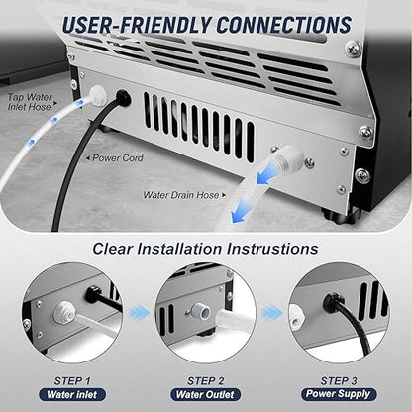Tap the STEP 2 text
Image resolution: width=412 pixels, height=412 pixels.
206,377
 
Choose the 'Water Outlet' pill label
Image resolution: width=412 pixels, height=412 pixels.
206,394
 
